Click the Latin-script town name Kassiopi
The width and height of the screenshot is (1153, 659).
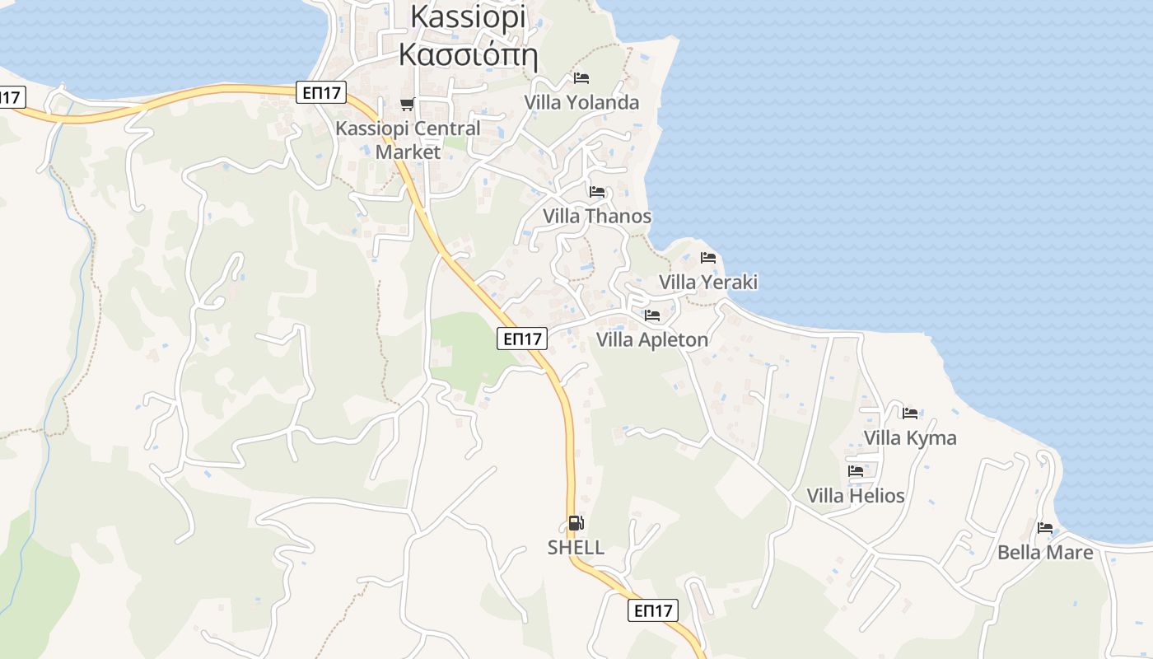tap(468, 16)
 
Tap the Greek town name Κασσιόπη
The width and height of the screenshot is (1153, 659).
tap(468, 54)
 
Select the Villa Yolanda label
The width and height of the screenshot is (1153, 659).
tap(581, 102)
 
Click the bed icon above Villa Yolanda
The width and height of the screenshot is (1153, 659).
tap(581, 78)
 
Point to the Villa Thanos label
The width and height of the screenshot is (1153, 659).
tap(597, 216)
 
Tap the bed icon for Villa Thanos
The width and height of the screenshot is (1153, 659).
tap(597, 192)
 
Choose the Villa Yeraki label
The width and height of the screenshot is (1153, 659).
tap(707, 282)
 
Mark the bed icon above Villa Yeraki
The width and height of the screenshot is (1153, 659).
tap(707, 258)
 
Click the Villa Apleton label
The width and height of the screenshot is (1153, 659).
tap(652, 339)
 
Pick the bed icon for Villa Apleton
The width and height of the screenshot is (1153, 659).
tap(652, 315)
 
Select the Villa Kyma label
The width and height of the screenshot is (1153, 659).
tap(910, 437)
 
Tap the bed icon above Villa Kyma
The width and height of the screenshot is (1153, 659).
tap(910, 413)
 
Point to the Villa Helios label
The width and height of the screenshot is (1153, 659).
tap(856, 495)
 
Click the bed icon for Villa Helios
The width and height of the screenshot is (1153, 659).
tap(856, 471)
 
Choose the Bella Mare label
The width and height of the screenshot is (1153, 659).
tap(1045, 552)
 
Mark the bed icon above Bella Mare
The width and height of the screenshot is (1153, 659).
tap(1045, 528)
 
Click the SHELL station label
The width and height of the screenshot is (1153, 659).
tap(576, 547)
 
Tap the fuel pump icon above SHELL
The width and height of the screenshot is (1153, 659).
tap(576, 522)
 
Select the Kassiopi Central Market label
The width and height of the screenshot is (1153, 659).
tap(408, 140)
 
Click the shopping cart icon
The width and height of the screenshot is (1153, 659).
tap(407, 104)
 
